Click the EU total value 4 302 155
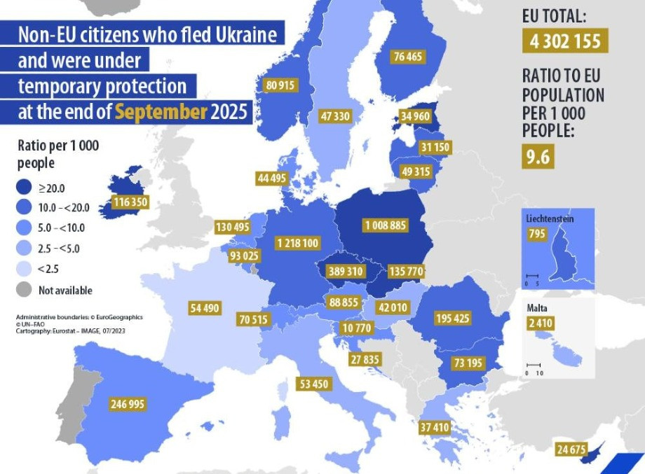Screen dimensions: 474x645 pyautogui.click(x=564, y=41)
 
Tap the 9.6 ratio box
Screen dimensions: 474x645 pyautogui.click(x=538, y=157)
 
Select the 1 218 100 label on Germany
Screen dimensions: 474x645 pyautogui.click(x=298, y=243)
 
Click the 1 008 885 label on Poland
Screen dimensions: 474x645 pyautogui.click(x=384, y=225)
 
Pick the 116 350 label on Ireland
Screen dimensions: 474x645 pyautogui.click(x=130, y=202)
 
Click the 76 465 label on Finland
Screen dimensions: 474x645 pyautogui.click(x=408, y=56)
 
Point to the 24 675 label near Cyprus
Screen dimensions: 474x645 pyautogui.click(x=570, y=449)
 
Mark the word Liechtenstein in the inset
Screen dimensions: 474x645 pyautogui.click(x=550, y=218)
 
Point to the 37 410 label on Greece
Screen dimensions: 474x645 pyautogui.click(x=434, y=426)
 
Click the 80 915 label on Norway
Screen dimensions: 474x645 pyautogui.click(x=280, y=85)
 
